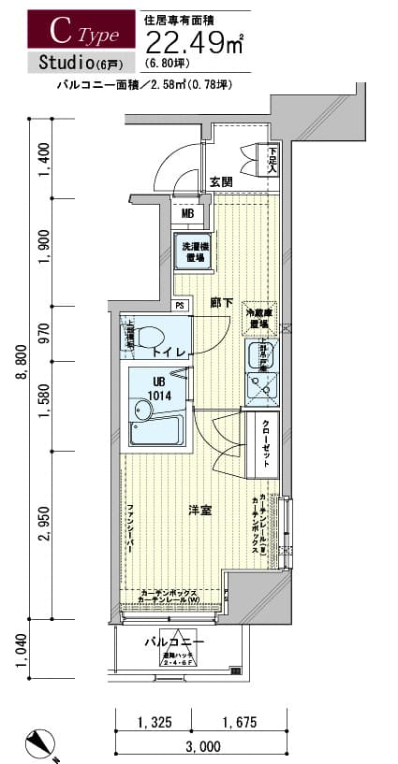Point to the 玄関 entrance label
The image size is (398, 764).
pos(221,181)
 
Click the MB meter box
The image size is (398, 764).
pos(187,214)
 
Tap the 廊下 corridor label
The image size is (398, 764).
pos(221,303)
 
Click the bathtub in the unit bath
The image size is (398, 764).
pos(155,429)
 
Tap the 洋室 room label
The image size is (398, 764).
pos(199,510)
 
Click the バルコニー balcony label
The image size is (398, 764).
pos(174,643)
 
